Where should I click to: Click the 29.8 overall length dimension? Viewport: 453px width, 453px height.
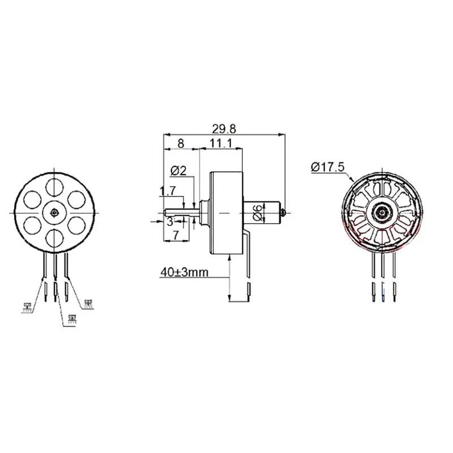tap(223, 129)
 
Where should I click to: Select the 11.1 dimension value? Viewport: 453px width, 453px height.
tap(221, 144)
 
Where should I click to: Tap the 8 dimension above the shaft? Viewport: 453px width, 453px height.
tap(180, 144)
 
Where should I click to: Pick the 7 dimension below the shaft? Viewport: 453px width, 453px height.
tap(176, 234)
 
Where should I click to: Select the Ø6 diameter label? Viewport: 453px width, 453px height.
tap(258, 212)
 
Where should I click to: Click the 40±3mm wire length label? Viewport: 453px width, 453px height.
tap(184, 272)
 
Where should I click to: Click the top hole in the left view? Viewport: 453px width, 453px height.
tap(54, 186)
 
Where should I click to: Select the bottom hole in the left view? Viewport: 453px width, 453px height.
tap(54, 237)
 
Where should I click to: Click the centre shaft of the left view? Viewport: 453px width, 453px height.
tap(54, 212)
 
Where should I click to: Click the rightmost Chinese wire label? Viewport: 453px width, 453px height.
tap(88, 303)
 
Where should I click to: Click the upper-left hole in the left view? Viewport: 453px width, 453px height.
tap(32, 199)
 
